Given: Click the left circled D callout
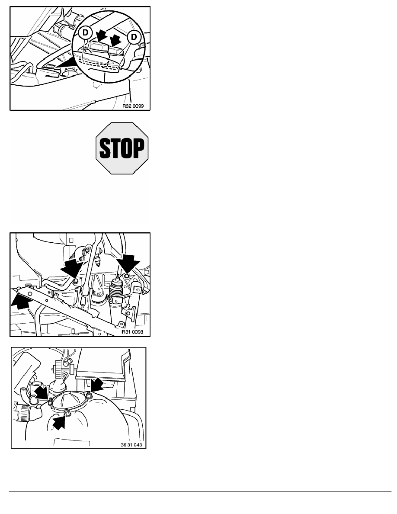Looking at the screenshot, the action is click(x=86, y=32).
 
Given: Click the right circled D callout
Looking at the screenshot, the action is click(x=134, y=37).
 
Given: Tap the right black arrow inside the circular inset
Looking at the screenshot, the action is click(x=115, y=40).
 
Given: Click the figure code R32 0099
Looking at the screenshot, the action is click(x=133, y=106).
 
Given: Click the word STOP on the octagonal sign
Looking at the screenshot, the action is click(x=122, y=148).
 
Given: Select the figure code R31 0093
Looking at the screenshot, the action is click(x=132, y=332).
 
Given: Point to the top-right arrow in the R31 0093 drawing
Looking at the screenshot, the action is click(x=129, y=264).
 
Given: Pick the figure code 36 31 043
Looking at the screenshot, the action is click(x=131, y=445).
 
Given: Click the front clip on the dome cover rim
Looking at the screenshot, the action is click(x=67, y=412).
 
